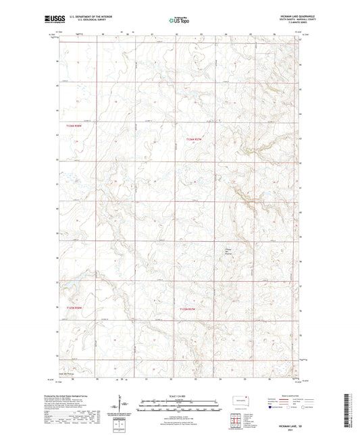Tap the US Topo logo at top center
(179, 20)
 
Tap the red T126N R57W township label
(195, 139)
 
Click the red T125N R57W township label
(191, 309)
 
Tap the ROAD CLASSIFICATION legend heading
(292, 396)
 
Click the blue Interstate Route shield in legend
(272, 408)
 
